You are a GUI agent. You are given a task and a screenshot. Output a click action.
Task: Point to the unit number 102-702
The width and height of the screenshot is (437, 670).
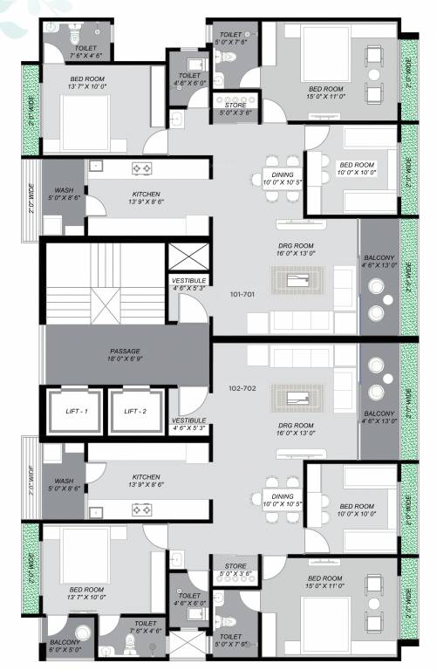point(242,388)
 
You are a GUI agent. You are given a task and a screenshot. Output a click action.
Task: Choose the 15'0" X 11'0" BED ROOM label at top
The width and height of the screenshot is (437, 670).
point(324,93)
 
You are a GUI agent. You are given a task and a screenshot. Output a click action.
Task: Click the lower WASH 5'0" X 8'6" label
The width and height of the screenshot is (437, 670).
point(63,485)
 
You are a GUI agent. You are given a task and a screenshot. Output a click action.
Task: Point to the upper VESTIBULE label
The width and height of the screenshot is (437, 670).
point(188,284)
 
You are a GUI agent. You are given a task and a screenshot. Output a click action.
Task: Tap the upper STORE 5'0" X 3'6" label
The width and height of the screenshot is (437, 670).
point(236,109)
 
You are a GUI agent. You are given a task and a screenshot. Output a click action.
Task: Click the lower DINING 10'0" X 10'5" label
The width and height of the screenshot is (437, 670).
point(278,500)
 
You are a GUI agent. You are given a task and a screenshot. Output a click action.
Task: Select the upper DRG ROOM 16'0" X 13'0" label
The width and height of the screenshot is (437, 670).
point(296,251)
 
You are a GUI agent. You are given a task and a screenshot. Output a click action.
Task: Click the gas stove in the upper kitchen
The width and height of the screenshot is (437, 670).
point(142,167)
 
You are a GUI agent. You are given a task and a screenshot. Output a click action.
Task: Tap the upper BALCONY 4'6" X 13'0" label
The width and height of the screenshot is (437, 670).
point(379,263)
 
